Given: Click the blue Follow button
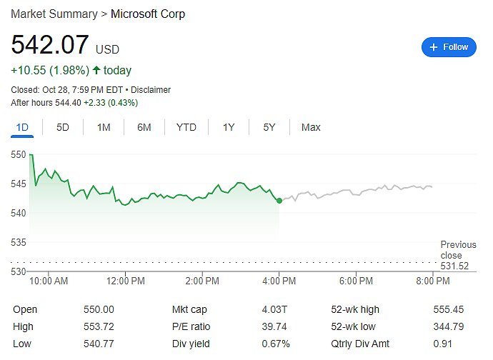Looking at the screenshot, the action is coord(449,47).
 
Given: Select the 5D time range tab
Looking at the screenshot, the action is coord(63,127).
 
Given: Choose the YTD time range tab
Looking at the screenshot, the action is coord(186,127).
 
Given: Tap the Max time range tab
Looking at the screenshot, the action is coord(311,127).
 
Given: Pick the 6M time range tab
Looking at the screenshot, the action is coord(144,127).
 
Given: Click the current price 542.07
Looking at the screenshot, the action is coord(50,44).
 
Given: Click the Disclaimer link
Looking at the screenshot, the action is coord(151,90).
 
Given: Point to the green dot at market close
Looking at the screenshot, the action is coord(279,201).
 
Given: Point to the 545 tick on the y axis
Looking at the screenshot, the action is coord(19,184).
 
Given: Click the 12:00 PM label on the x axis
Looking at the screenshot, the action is coord(126,281).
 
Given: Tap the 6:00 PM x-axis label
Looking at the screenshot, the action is coord(356,281).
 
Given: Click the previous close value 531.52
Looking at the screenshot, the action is coord(454,266).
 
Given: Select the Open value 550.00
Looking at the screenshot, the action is coord(99,309).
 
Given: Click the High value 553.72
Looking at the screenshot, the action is coord(99,326).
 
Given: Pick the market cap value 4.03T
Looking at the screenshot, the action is coord(274,309).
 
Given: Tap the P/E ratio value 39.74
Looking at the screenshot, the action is coord(274,326).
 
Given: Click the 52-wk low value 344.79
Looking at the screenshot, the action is coord(449,326).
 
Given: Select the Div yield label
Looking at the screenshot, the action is coord(191,344).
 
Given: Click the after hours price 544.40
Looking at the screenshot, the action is coord(68,103).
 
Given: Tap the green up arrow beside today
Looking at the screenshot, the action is coord(96,70).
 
